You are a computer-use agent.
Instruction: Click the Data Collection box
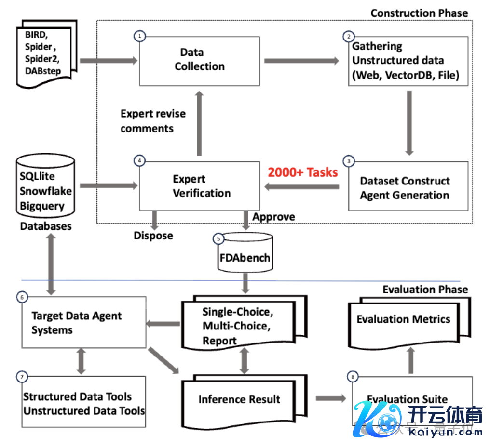click(199, 59)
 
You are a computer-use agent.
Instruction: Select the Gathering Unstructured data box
click(408, 60)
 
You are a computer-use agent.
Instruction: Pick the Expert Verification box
click(199, 186)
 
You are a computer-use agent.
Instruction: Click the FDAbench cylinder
click(245, 254)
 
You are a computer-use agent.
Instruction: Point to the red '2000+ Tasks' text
click(302, 172)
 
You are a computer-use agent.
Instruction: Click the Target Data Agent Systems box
click(83, 322)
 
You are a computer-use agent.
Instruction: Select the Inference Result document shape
click(239, 400)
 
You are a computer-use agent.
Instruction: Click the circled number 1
click(140, 36)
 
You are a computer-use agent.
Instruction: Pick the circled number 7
click(21, 377)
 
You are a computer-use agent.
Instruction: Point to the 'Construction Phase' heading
click(419, 13)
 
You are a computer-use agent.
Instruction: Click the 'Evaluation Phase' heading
click(425, 290)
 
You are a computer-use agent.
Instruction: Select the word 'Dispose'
click(153, 236)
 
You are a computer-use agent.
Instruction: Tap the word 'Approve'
click(273, 217)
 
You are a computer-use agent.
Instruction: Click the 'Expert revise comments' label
click(153, 121)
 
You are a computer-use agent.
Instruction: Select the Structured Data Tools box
click(83, 403)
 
